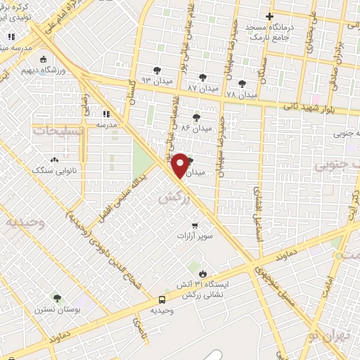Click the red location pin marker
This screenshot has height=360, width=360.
pos(180,165)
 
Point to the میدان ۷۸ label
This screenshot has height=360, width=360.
pos(243,94)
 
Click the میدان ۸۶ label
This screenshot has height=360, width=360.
pos(196,129)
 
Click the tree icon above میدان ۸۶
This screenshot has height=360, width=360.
pos(195,117)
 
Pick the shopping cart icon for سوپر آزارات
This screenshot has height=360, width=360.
pos(195,226)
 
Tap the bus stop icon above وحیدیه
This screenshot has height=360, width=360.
pos(162,298)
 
